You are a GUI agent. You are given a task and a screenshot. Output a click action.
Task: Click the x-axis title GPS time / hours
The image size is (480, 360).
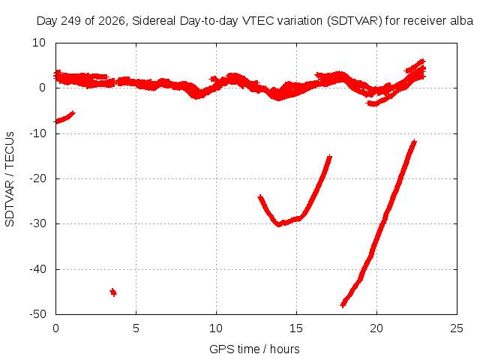254,349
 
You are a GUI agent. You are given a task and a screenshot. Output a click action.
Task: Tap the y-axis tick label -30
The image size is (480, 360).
37,223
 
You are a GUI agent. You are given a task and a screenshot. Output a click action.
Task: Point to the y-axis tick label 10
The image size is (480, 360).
39,43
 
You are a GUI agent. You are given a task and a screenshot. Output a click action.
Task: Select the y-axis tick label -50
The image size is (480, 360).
37,313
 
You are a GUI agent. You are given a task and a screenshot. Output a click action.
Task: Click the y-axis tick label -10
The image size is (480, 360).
37,133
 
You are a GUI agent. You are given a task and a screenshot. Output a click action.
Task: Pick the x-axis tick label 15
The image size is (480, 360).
296,328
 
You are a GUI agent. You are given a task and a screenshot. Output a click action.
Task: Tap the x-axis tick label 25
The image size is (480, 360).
457,328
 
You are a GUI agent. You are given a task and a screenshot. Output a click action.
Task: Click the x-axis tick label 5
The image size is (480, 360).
136,328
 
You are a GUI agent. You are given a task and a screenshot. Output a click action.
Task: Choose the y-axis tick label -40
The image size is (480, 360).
37,268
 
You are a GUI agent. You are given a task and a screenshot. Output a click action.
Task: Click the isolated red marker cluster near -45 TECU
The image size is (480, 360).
113,292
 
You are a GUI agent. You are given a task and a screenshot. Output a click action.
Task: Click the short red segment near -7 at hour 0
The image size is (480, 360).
64,117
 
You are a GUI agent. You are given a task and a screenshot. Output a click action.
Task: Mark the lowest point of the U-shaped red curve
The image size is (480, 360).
278,224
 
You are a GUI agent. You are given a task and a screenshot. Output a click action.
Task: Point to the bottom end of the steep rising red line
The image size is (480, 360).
343,304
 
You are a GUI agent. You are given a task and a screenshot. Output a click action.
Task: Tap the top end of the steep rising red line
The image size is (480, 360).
414,142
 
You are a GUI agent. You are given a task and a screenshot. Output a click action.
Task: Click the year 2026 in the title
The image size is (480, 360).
112,21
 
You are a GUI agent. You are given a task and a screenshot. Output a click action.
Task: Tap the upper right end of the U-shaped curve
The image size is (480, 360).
329,157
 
